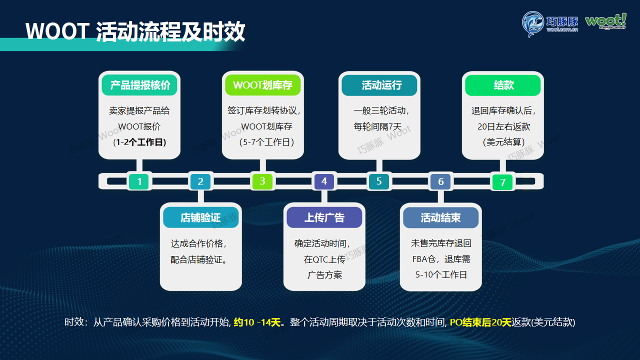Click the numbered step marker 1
pyautogui.click(x=139, y=181)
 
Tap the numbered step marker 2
pyautogui.click(x=200, y=181)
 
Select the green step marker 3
pyautogui.click(x=262, y=181)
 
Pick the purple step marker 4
pyautogui.click(x=324, y=181)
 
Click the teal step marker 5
pyautogui.click(x=379, y=181)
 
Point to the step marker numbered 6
pyautogui.click(x=440, y=181)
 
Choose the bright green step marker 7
pyautogui.click(x=503, y=182)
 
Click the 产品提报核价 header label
pyautogui.click(x=140, y=85)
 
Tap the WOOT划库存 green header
pyautogui.click(x=262, y=85)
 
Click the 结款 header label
pyautogui.click(x=503, y=85)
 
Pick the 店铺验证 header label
pyautogui.click(x=200, y=218)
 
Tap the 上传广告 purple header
pyautogui.click(x=324, y=217)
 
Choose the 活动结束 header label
pyautogui.click(x=440, y=218)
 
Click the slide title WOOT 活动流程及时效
pyautogui.click(x=135, y=31)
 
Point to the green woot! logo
pyautogui.click(x=605, y=21)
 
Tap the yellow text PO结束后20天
pyautogui.click(x=480, y=322)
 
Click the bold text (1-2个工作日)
pyautogui.click(x=139, y=142)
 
